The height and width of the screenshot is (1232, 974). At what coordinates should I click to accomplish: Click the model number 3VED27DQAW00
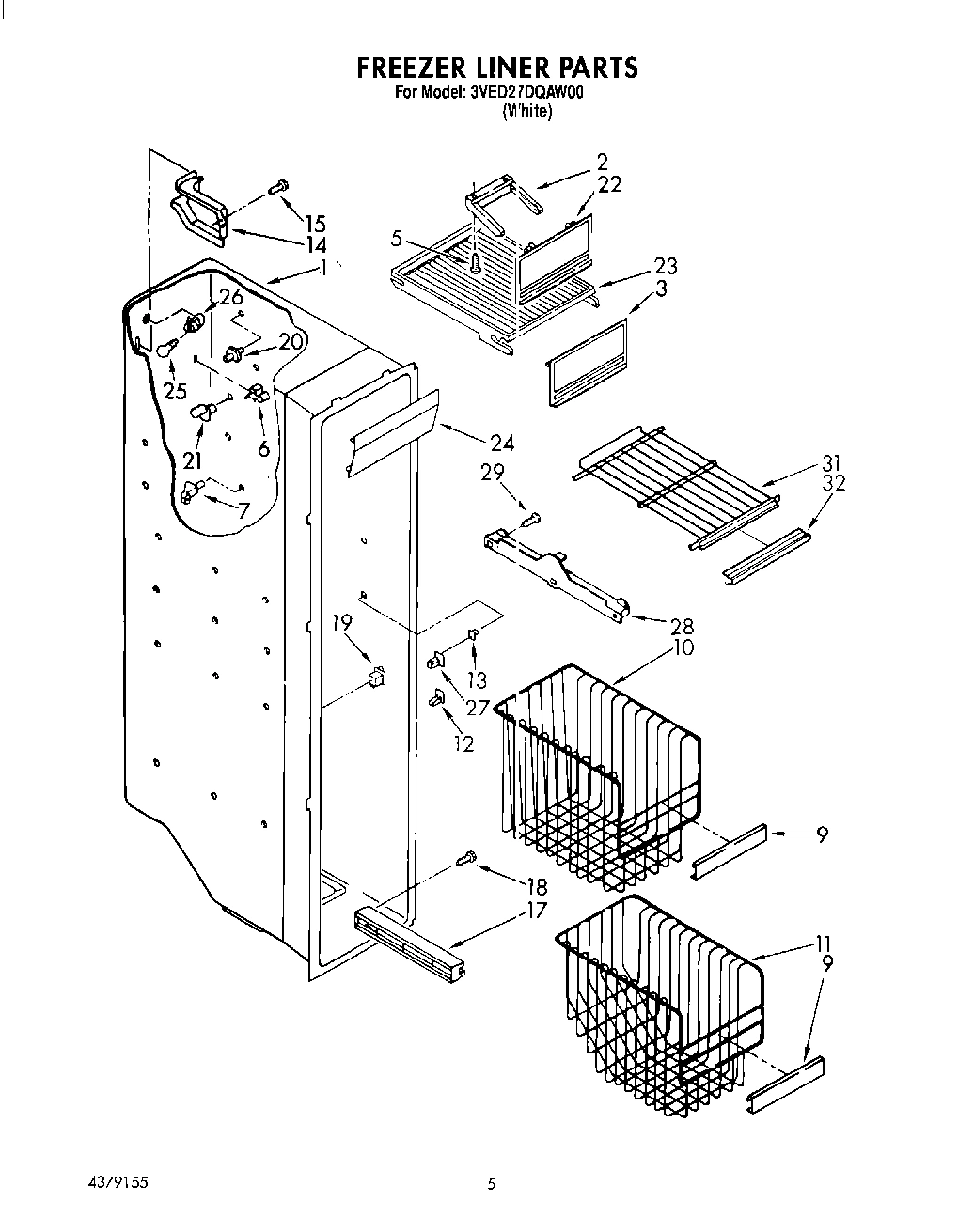click(526, 93)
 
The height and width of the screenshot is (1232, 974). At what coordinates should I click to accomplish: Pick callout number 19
click(341, 621)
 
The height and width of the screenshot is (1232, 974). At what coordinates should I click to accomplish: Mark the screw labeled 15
click(277, 188)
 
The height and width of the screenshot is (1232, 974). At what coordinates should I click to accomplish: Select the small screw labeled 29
click(532, 514)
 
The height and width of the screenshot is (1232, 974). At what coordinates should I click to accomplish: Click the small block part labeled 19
click(377, 675)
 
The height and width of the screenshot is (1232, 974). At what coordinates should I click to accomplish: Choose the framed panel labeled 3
click(587, 361)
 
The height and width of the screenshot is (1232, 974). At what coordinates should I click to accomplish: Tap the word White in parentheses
click(526, 111)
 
